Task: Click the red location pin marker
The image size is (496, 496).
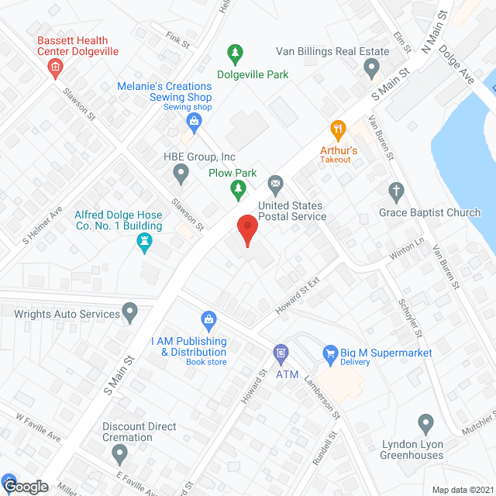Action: point(246,229)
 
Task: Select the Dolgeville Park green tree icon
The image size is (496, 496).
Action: point(234,53)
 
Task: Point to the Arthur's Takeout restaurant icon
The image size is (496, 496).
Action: point(337,129)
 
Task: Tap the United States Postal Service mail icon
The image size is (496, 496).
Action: point(275,184)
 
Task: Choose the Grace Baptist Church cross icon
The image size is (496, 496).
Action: point(396,191)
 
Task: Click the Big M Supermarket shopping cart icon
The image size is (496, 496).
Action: point(330,353)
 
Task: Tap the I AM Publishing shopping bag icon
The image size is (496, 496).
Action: point(208,319)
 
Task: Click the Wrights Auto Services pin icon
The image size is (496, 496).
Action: point(130,314)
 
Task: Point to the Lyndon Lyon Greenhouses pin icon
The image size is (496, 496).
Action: point(425,424)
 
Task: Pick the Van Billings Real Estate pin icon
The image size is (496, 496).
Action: point(371,67)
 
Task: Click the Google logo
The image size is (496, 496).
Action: point(26,487)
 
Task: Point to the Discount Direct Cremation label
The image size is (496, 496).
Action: point(139,432)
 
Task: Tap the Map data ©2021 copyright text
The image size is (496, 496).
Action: point(460,489)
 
